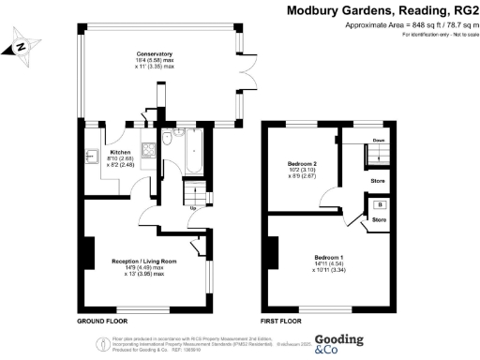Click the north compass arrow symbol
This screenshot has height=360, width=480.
(x=22, y=45)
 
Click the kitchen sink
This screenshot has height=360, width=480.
(x=93, y=156)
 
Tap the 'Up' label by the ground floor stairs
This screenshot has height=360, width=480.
(x=194, y=207)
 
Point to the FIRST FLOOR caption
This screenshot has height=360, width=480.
(x=281, y=321)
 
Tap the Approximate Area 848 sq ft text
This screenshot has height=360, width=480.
(x=393, y=24)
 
